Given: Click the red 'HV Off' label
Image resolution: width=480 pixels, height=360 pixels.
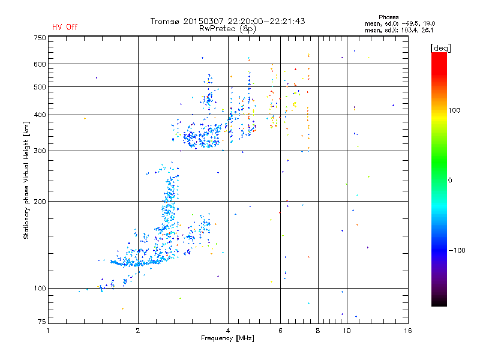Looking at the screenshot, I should click(x=64, y=27).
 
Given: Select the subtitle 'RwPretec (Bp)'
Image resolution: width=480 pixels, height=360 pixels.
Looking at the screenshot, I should click(x=228, y=28).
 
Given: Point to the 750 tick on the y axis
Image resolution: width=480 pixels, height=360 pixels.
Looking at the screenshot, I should click(x=40, y=38).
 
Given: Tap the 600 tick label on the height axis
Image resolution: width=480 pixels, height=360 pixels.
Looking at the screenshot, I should click(x=40, y=64).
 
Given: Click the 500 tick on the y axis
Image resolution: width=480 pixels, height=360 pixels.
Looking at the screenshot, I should click(x=40, y=87).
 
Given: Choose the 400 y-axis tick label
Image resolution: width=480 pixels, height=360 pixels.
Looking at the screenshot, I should click(x=40, y=115).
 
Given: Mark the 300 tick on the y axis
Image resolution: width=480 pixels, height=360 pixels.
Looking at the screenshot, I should click(x=40, y=151).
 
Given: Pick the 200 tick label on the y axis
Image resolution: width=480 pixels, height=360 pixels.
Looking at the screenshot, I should click(x=40, y=202).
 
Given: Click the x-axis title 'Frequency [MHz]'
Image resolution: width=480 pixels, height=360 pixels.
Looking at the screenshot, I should click(x=227, y=339).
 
